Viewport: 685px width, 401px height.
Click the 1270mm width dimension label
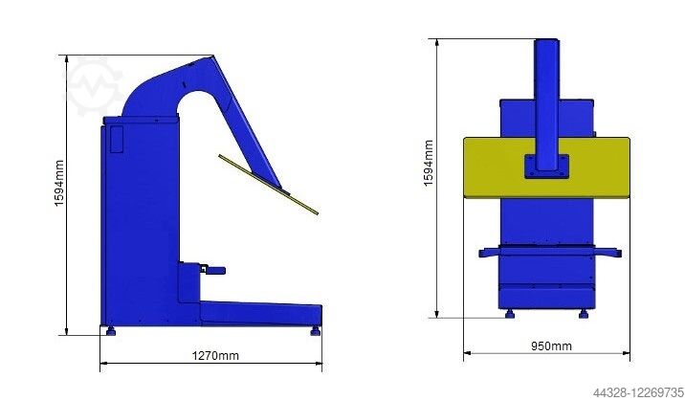pyautogui.click(x=215, y=356)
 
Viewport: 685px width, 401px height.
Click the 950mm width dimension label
pyautogui.click(x=551, y=345)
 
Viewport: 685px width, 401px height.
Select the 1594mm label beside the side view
pyautogui.click(x=59, y=183)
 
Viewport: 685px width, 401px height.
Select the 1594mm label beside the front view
pyautogui.click(x=429, y=163)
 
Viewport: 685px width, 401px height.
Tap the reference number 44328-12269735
pyautogui.click(x=637, y=391)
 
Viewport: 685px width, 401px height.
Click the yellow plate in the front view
pyautogui.click(x=546, y=167)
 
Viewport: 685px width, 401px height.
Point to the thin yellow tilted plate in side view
pyautogui.click(x=268, y=185)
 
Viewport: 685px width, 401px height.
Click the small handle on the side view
pyautogui.click(x=213, y=270)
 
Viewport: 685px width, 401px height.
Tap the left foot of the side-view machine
pyautogui.click(x=111, y=331)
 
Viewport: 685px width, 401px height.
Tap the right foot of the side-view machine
pyautogui.click(x=316, y=331)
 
